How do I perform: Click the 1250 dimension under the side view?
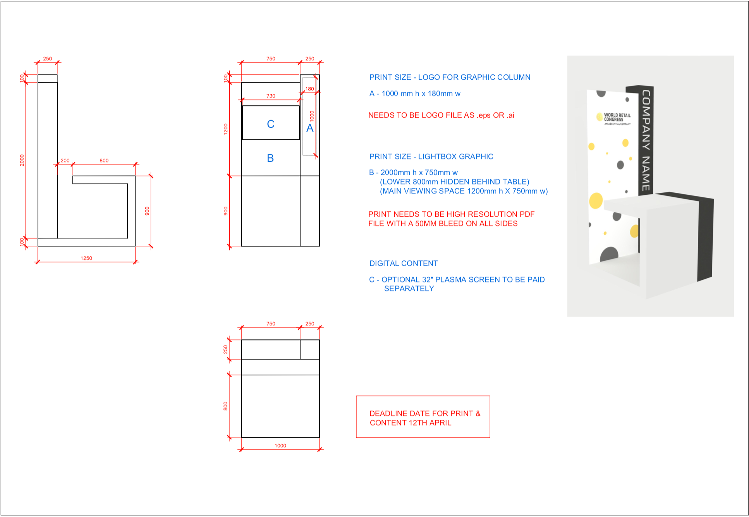[x=86, y=258]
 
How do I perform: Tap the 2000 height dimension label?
[x=22, y=160]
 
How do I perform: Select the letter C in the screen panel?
[x=271, y=124]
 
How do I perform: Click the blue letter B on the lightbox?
[x=270, y=158]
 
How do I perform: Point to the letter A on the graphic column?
[x=310, y=128]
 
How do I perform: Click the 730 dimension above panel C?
[x=271, y=96]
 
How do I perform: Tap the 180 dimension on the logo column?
[x=310, y=89]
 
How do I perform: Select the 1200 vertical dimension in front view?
[x=226, y=129]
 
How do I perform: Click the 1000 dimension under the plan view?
[x=280, y=446]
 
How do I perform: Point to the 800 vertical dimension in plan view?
[x=225, y=406]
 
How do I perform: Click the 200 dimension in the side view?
[x=65, y=161]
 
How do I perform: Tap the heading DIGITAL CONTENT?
[x=404, y=264]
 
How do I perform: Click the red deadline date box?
[x=423, y=417]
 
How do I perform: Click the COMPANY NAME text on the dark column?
[x=646, y=140]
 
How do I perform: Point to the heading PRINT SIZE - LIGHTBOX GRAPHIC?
[x=431, y=157]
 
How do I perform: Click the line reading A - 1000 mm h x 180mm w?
[x=415, y=94]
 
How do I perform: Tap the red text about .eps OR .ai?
[x=441, y=115]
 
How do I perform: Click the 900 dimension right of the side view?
[x=147, y=211]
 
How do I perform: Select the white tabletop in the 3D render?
[x=655, y=204]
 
